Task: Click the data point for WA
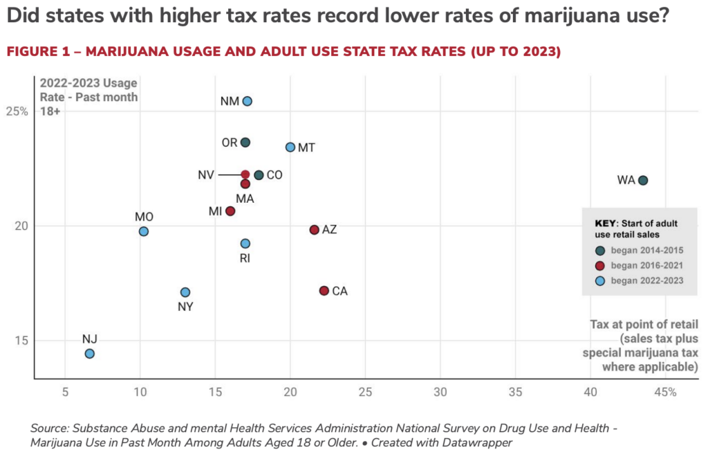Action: coord(643,180)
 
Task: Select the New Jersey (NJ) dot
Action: coord(89,354)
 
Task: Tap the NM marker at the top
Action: coord(247,101)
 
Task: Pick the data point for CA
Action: coord(324,291)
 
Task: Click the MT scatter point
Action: coord(290,147)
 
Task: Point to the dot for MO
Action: coord(143,231)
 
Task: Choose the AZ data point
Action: coord(315,229)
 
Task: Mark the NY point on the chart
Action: coord(185,292)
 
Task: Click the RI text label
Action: coord(245,258)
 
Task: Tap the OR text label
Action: coord(229,143)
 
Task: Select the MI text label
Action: coord(215,210)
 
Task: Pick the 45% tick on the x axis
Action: coord(665,392)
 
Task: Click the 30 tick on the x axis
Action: coord(440,392)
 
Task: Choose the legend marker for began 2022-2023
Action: coord(601,280)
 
